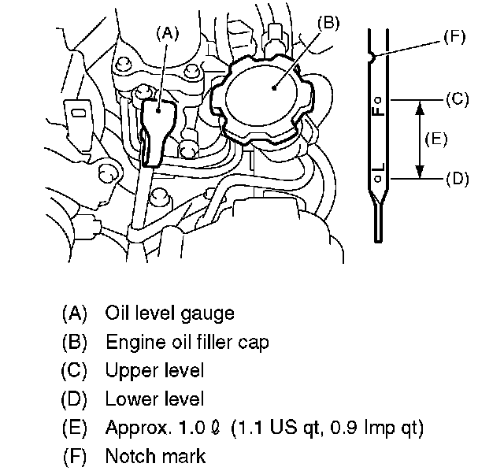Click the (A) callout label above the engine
click(169, 33)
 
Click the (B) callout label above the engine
click(328, 24)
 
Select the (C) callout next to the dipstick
click(457, 99)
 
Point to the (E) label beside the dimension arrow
click(435, 139)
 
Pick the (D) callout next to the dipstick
click(457, 179)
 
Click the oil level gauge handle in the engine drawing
click(160, 125)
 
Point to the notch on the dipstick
click(372, 57)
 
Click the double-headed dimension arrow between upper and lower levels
click(420, 139)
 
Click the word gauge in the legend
click(208, 313)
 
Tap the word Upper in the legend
click(129, 370)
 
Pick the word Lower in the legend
click(129, 399)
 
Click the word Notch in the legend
click(129, 455)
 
